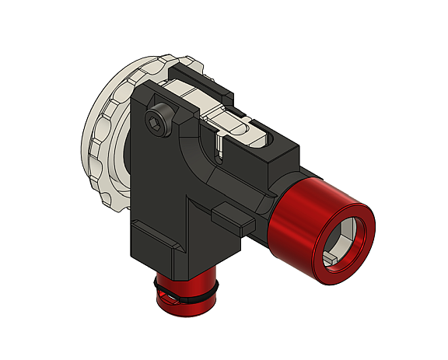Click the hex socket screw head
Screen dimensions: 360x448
tap(159, 122)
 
